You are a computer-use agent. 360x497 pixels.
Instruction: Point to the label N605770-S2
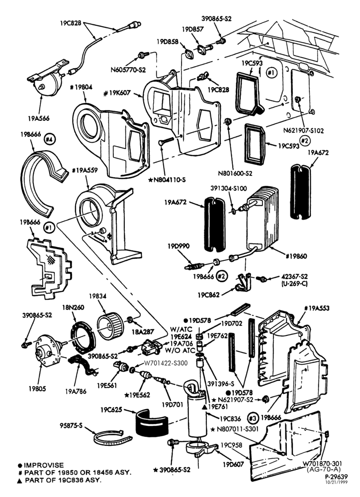pyautogui.click(x=128, y=70)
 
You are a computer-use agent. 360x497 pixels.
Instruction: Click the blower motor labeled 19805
pyautogui.click(x=48, y=351)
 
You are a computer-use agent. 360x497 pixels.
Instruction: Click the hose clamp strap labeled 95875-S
pyautogui.click(x=112, y=439)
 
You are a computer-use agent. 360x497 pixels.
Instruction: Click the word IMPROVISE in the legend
pyautogui.click(x=44, y=465)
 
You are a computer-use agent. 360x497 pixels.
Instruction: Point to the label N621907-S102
pyautogui.click(x=303, y=131)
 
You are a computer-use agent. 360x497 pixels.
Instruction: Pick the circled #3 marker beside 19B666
pyautogui.click(x=253, y=418)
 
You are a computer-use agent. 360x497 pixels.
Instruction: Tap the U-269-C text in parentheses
pyautogui.click(x=295, y=284)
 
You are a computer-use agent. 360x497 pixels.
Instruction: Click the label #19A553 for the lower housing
pyautogui.click(x=317, y=308)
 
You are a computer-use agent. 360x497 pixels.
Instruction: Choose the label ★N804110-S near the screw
pyautogui.click(x=167, y=180)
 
